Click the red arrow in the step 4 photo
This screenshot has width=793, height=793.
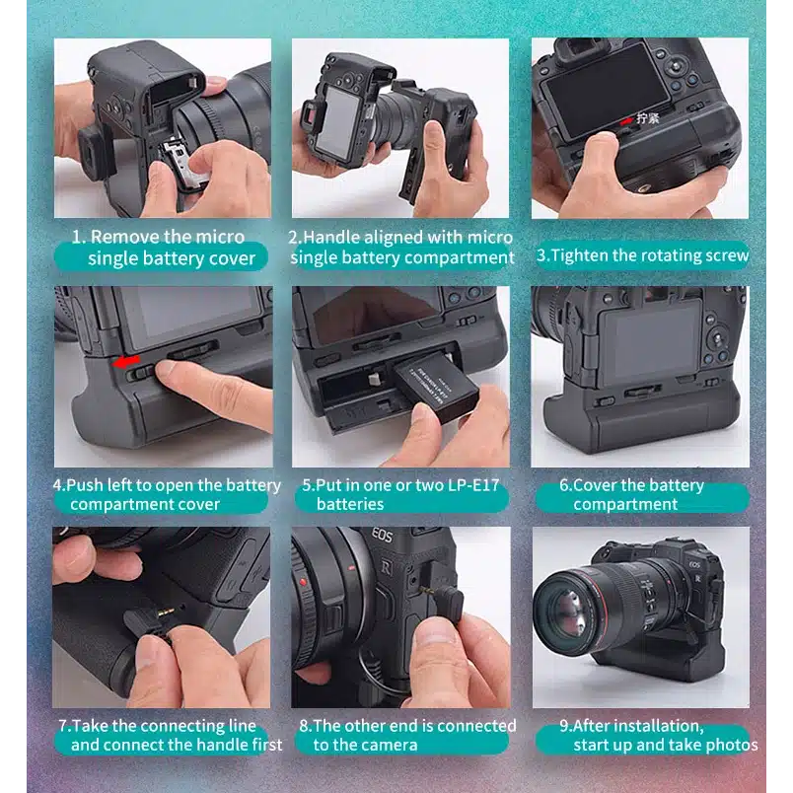pyautogui.click(x=126, y=361)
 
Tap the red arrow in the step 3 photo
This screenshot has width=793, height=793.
pyautogui.click(x=626, y=120)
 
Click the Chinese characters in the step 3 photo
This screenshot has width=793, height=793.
pyautogui.click(x=648, y=118)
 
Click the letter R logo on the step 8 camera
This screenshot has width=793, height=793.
pyautogui.click(x=386, y=567)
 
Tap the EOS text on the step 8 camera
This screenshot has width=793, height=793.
pyautogui.click(x=382, y=535)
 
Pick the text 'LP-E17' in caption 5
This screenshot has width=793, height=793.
pyautogui.click(x=473, y=485)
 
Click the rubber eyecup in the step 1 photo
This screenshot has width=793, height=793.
pyautogui.click(x=96, y=150)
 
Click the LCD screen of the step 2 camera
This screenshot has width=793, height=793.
pyautogui.click(x=336, y=123)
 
